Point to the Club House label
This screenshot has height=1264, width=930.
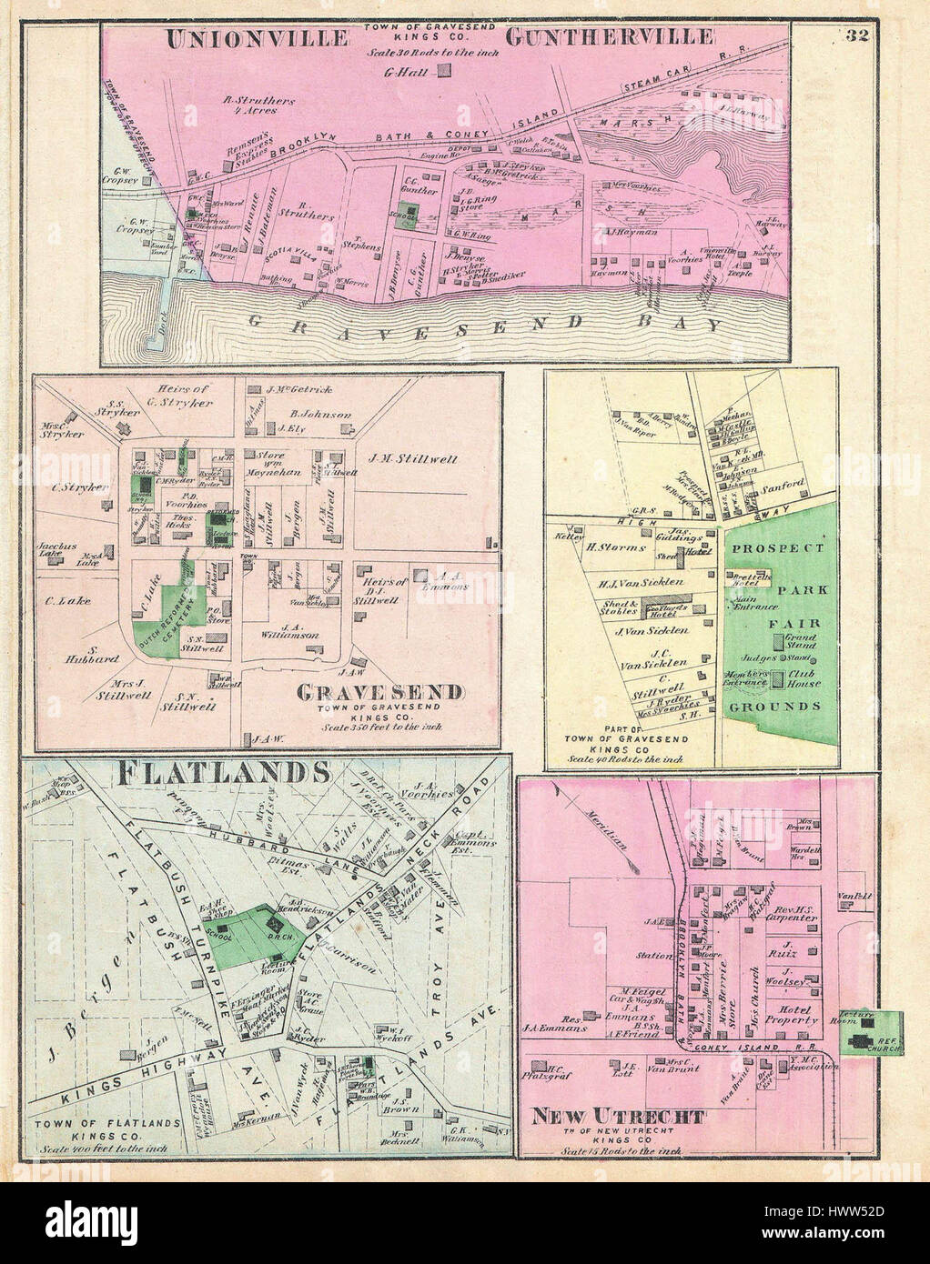click(810, 681)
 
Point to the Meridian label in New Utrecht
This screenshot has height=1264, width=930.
click(609, 829)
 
